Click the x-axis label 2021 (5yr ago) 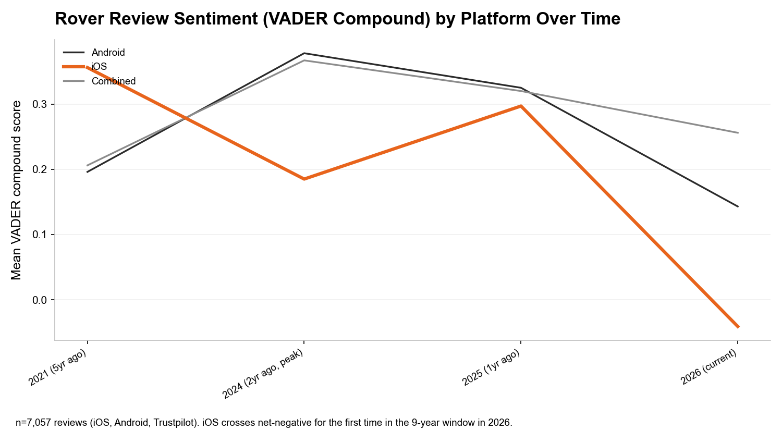[57, 367]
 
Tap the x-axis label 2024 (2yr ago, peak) [263, 374]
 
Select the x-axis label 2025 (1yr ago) [491, 367]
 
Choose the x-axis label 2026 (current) [709, 367]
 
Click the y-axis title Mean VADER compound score [16, 190]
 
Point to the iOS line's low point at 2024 [304, 179]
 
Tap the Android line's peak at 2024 [304, 53]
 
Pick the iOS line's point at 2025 [521, 106]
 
